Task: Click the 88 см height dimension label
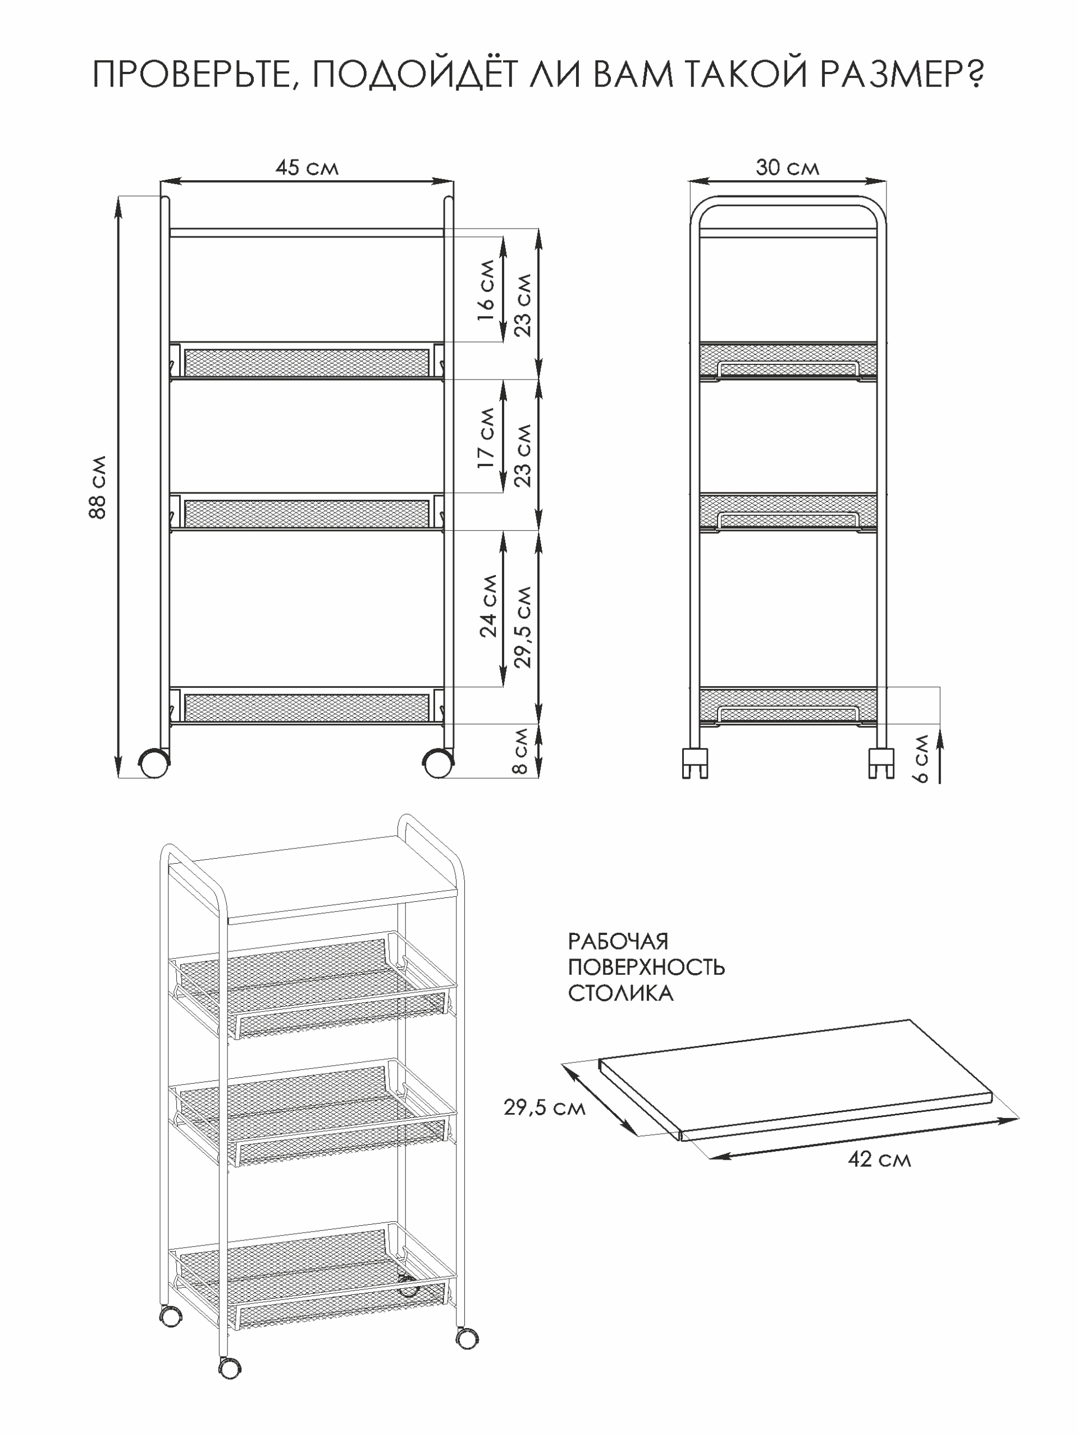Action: click(x=97, y=487)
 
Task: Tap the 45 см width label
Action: click(x=307, y=167)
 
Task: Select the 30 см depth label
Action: click(x=787, y=167)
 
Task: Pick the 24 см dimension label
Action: click(x=488, y=605)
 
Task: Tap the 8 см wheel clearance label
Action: click(x=521, y=750)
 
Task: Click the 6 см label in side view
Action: click(x=921, y=759)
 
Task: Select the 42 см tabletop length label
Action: click(x=879, y=1159)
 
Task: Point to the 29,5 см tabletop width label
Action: click(x=544, y=1107)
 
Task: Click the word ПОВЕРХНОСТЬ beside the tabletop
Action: click(x=646, y=968)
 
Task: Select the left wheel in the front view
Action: click(x=154, y=763)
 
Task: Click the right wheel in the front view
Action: click(x=438, y=763)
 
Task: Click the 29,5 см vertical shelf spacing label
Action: click(x=522, y=627)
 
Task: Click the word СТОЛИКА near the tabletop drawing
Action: click(x=620, y=993)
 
